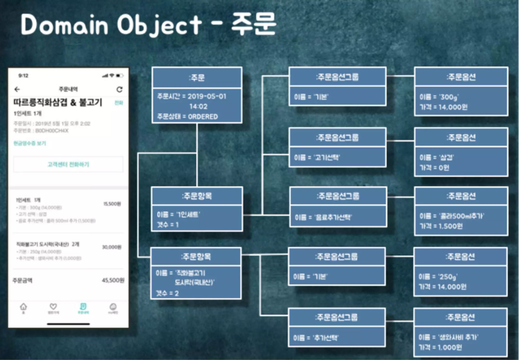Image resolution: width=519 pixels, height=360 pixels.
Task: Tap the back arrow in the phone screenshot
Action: pyautogui.click(x=17, y=89)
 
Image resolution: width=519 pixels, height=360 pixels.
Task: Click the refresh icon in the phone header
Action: pyautogui.click(x=119, y=89)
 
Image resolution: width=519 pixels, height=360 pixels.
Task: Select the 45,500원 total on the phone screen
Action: pyautogui.click(x=113, y=280)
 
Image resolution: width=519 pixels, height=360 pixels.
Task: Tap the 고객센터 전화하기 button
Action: pyautogui.click(x=68, y=164)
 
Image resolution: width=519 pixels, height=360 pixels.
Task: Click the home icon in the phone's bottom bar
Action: pyautogui.click(x=23, y=307)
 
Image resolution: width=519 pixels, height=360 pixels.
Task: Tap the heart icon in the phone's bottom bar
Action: pyautogui.click(x=53, y=307)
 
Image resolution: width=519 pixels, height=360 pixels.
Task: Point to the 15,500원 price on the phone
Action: pyautogui.click(x=112, y=204)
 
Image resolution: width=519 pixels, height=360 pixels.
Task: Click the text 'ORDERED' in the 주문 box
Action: pyautogui.click(x=203, y=117)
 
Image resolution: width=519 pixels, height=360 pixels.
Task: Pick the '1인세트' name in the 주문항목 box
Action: pyautogui.click(x=188, y=215)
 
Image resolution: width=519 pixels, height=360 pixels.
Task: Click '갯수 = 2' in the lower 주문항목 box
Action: pyautogui.click(x=167, y=293)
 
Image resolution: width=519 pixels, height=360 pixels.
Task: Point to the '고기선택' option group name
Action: pyautogui.click(x=327, y=157)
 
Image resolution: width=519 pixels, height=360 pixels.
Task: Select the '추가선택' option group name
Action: pyautogui.click(x=326, y=338)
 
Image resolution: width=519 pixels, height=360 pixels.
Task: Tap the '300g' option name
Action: pyautogui.click(x=449, y=97)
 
